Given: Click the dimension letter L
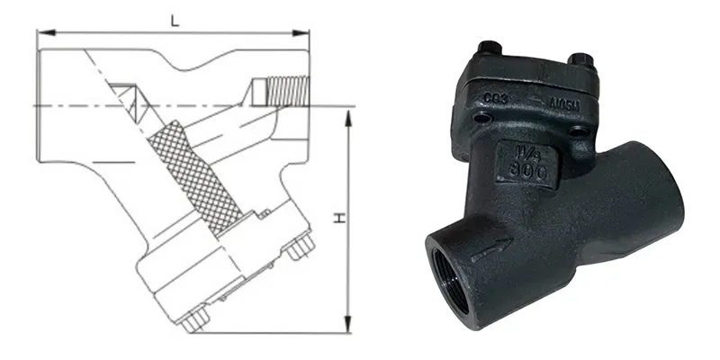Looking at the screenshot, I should (x=172, y=19).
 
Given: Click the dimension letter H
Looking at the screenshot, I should (x=338, y=219).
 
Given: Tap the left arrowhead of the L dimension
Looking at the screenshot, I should (x=40, y=33).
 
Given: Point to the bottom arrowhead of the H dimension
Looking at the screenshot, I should (x=347, y=329).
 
